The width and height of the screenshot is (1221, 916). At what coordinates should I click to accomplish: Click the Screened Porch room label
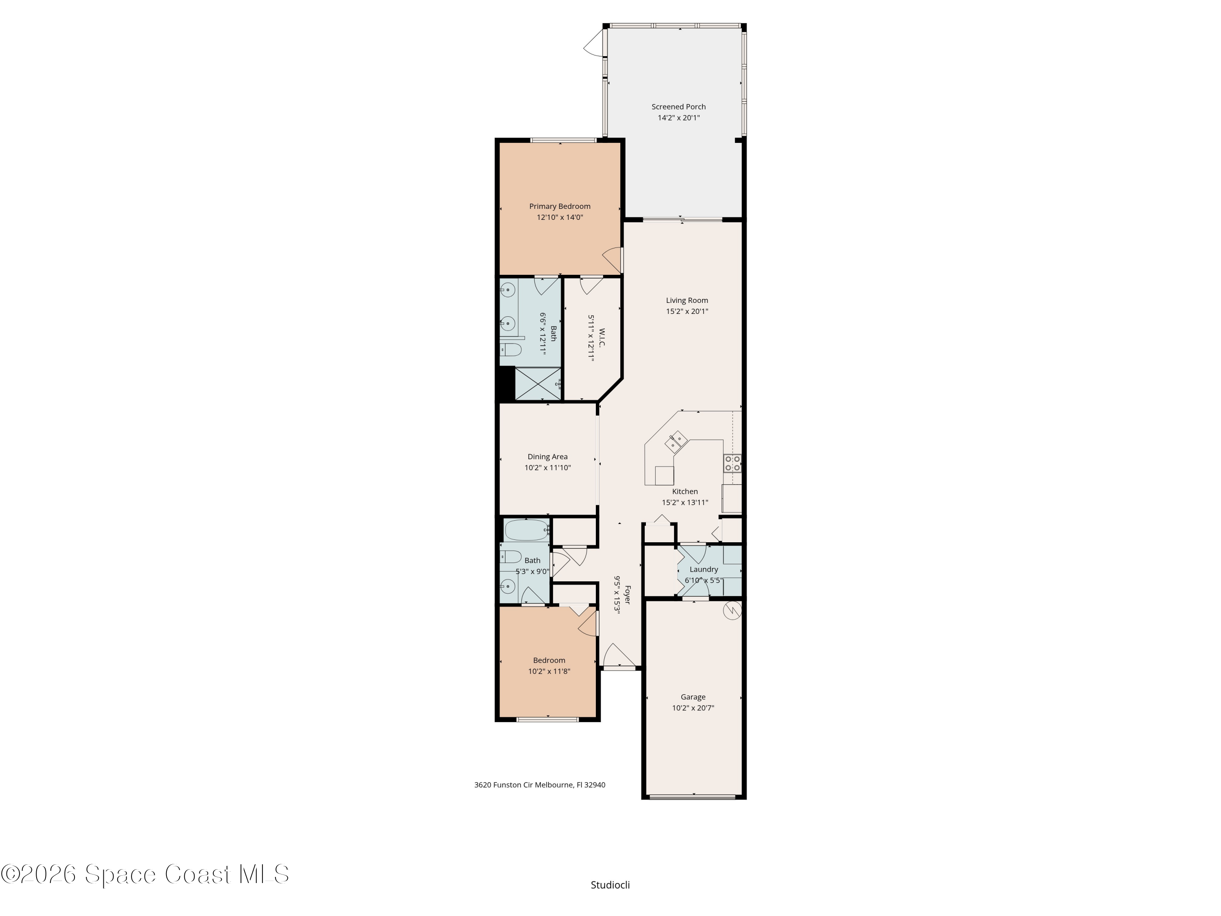tap(678, 107)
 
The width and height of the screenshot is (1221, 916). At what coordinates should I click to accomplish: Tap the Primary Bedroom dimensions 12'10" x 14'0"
tap(560, 217)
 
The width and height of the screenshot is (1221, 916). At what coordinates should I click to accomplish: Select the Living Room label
tap(687, 300)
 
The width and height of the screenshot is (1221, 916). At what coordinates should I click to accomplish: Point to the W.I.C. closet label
tap(602, 338)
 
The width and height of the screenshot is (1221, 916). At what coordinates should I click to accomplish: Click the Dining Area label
tap(547, 457)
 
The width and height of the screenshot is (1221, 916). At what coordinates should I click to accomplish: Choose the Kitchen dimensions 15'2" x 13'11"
tap(685, 502)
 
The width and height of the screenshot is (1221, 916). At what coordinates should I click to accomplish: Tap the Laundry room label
tap(704, 569)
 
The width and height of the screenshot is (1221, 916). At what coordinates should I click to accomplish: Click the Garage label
tap(693, 697)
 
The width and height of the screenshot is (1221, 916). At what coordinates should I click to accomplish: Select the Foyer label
tap(627, 595)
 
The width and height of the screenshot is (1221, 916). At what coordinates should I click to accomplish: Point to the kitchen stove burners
tap(733, 463)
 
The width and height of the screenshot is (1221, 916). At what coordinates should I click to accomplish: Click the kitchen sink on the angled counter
tap(676, 441)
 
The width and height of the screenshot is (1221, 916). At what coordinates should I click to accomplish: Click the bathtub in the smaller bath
tap(527, 530)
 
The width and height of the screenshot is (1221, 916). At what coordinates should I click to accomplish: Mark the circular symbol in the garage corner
tap(732, 610)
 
